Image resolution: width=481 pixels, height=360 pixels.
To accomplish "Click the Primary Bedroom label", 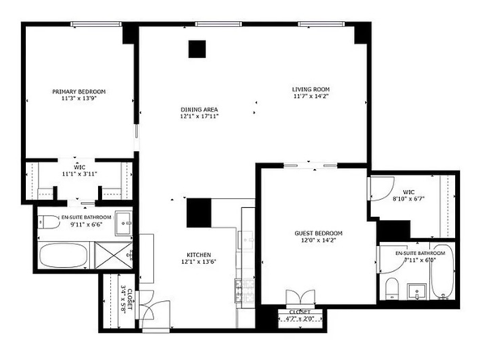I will pyautogui.click(x=79, y=92).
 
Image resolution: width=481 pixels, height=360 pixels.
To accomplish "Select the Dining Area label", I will pyautogui.click(x=199, y=110).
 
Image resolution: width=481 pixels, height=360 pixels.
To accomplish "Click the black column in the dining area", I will pyautogui.click(x=198, y=49).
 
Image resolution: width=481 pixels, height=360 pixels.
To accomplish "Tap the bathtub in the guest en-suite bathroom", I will pyautogui.click(x=442, y=279).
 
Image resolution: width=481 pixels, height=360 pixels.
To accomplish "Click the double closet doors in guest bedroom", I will pyautogui.click(x=299, y=297).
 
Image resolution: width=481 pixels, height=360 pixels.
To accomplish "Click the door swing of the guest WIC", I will pyautogui.click(x=378, y=188).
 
